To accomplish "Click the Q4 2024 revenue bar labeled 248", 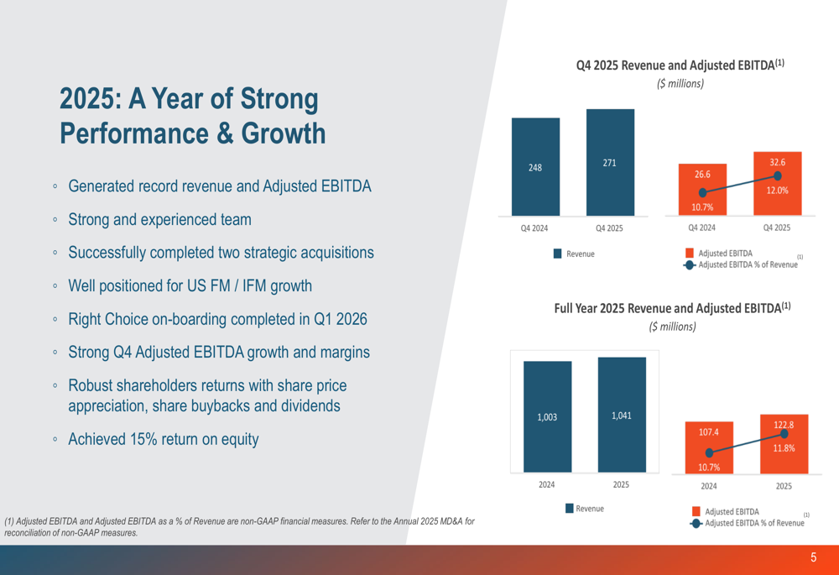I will tap(535, 167).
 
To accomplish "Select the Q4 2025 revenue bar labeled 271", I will tap(610, 163).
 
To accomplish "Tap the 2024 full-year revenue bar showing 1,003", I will tap(547, 416).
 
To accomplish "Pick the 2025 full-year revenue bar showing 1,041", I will tap(622, 415).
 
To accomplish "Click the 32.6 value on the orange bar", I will tap(777, 162).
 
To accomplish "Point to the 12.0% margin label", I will tap(777, 191).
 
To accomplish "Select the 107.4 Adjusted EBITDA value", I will tap(709, 432).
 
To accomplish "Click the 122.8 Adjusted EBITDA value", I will tap(784, 425).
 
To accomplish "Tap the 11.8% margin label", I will tap(784, 448).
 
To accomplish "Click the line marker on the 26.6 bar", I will tap(703, 193).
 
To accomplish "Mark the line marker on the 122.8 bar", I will tap(784, 434).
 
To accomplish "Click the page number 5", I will tap(813, 558).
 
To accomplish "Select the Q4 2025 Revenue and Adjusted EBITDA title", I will tap(680, 65).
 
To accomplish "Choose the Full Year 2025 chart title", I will tap(672, 308).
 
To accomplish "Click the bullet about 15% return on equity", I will tap(163, 439).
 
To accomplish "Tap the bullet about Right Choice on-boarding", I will tap(217, 320).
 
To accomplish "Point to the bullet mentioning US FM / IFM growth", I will tap(190, 286).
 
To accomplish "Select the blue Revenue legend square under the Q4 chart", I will tap(558, 254).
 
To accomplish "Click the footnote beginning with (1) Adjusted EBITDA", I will tap(239, 526).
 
